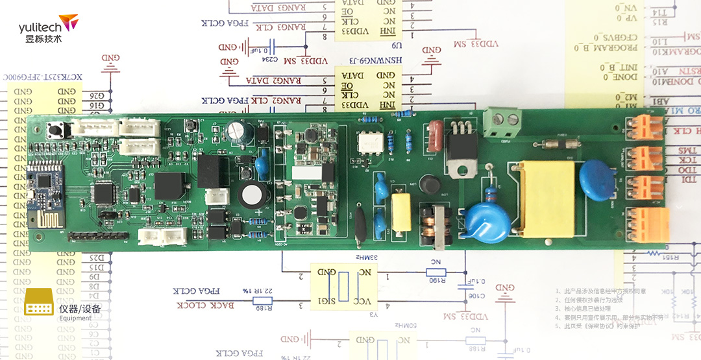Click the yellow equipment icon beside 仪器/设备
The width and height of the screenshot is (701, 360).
tap(38, 303)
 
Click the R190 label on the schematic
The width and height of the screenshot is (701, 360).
tap(436, 280)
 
